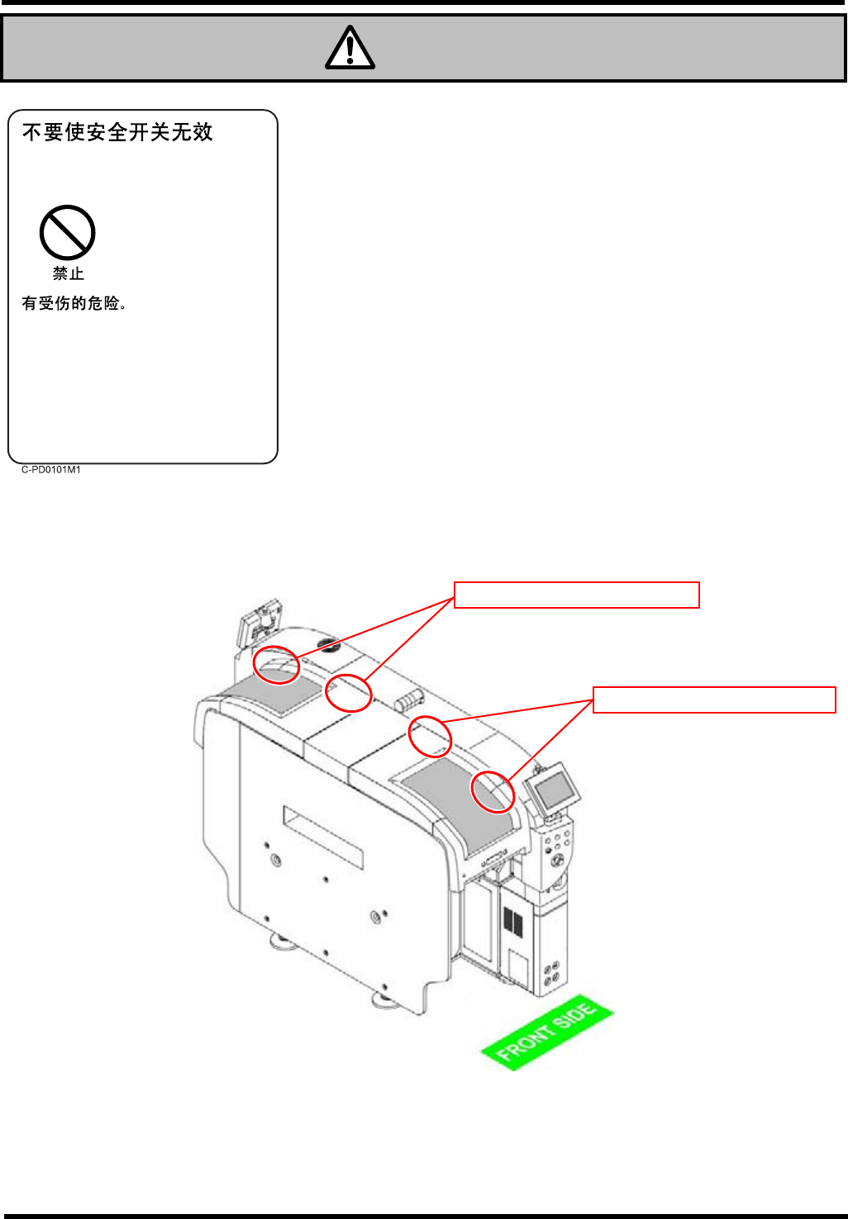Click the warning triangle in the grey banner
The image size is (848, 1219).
point(350,48)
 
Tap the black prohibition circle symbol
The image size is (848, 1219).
point(68,233)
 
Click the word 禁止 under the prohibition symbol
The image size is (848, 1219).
point(69,273)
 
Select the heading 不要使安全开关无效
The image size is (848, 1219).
point(117,132)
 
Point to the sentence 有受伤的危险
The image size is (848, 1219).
point(74,303)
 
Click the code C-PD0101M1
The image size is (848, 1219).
point(51,469)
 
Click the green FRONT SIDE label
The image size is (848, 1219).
point(546,1032)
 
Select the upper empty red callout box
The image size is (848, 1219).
point(577,595)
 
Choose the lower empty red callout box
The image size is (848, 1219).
point(714,700)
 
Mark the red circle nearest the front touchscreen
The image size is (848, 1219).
point(493,792)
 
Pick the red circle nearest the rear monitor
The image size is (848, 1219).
point(276,665)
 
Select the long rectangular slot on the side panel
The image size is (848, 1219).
point(323,837)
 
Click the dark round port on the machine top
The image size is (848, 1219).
point(325,644)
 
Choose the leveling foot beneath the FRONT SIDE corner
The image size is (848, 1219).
point(384,1001)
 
